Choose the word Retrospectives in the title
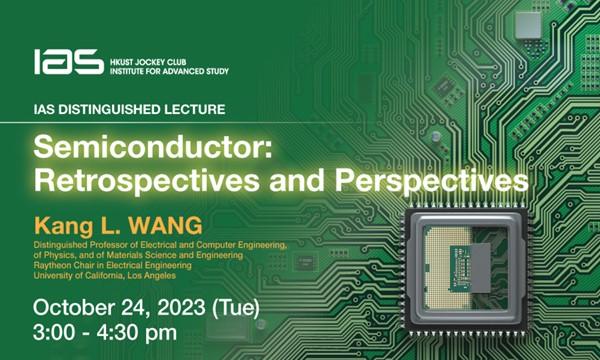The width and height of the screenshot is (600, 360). pyautogui.click(x=129, y=182)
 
